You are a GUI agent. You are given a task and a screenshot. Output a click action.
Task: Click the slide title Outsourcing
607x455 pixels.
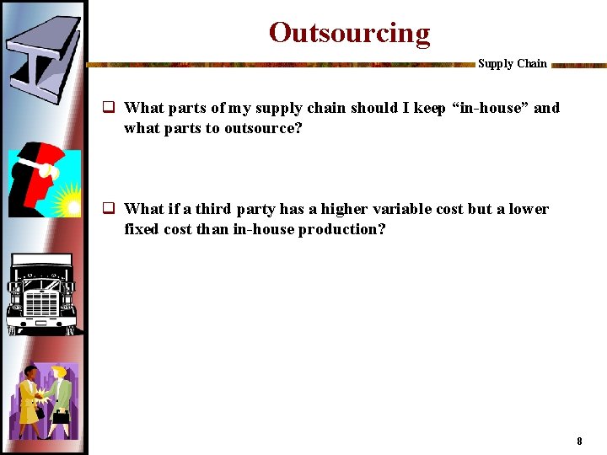click(x=349, y=33)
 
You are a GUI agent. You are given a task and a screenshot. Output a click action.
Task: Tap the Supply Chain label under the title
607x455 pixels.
click(x=512, y=64)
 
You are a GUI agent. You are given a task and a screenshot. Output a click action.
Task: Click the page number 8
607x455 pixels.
click(x=579, y=441)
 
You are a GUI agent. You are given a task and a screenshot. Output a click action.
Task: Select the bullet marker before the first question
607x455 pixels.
click(x=109, y=108)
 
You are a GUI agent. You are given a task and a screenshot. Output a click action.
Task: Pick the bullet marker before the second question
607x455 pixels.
click(x=109, y=209)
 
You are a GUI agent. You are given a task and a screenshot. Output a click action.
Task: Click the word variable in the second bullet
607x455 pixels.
click(x=401, y=209)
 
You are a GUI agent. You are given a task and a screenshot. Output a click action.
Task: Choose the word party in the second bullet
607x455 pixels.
click(x=255, y=209)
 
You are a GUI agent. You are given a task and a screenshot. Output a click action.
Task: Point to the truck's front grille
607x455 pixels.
click(x=41, y=299)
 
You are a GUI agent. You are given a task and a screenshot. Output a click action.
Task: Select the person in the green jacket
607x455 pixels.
click(x=61, y=396)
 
